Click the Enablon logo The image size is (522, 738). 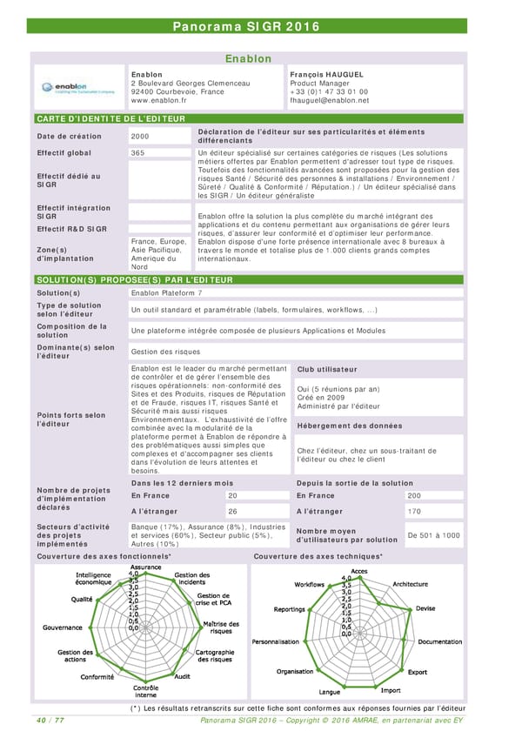(x=78, y=88)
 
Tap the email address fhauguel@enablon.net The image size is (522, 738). (x=329, y=100)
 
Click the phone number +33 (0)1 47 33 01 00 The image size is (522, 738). (x=328, y=91)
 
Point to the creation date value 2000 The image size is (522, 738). (x=140, y=136)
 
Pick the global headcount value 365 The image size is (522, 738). (x=137, y=153)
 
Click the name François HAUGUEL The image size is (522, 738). (x=326, y=75)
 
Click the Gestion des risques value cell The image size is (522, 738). (x=164, y=352)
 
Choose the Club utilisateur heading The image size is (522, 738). (x=329, y=370)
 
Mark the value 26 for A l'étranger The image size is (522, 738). (x=232, y=512)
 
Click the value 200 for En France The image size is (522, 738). (x=414, y=495)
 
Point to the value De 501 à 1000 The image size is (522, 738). (x=433, y=535)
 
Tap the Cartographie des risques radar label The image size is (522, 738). (x=213, y=655)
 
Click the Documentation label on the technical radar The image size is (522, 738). (x=439, y=642)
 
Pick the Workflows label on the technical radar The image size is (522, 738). (x=309, y=584)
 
